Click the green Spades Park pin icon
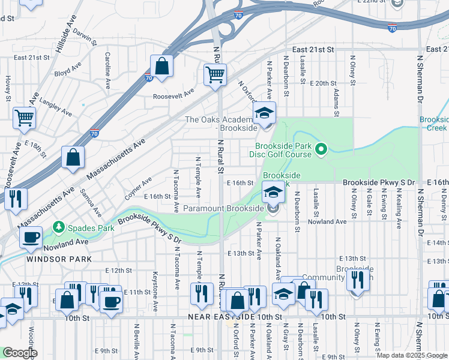click(58, 227)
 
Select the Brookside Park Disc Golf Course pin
click(321, 148)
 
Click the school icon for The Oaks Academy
click(263, 113)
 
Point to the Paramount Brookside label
click(224, 208)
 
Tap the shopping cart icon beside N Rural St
click(215, 75)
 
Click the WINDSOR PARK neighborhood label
click(59, 259)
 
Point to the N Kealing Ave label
click(399, 209)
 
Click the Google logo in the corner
click(20, 353)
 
